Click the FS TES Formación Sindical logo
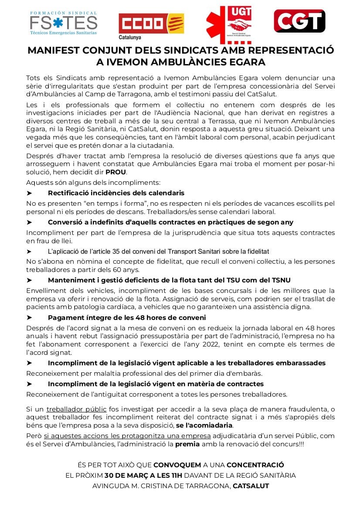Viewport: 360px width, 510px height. [x=63, y=23]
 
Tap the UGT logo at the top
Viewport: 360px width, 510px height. [x=229, y=24]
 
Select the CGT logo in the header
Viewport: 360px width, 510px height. [x=299, y=21]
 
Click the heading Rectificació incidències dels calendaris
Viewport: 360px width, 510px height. [x=116, y=193]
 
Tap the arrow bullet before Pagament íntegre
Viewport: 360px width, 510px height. [x=29, y=318]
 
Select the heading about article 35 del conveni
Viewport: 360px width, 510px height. [x=158, y=252]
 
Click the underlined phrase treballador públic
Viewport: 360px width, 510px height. [x=76, y=409]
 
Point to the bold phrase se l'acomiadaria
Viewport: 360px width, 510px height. [x=204, y=425]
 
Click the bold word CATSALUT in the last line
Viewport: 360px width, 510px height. [x=251, y=486]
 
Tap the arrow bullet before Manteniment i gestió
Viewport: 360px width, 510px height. [x=29, y=280]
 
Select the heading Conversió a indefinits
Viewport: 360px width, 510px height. [x=170, y=222]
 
